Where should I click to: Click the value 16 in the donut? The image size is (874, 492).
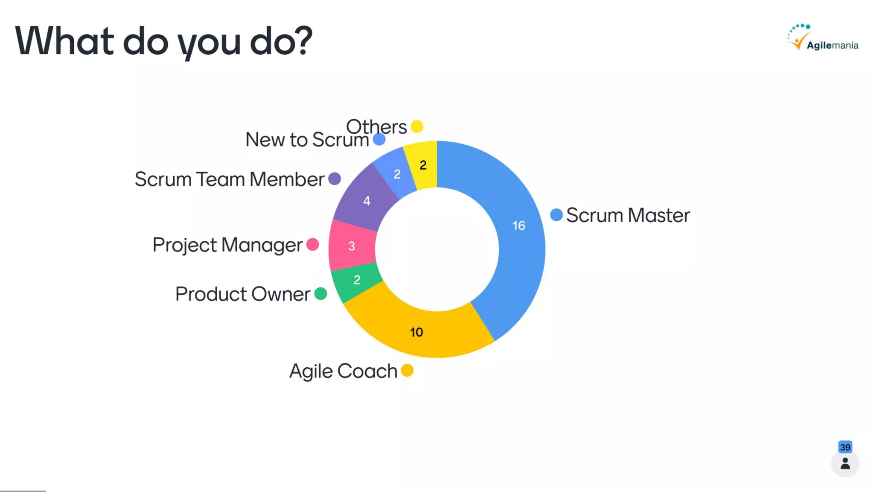pyautogui.click(x=519, y=225)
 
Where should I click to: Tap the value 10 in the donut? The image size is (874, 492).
pyautogui.click(x=417, y=332)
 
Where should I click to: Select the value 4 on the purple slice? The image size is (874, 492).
pyautogui.click(x=367, y=201)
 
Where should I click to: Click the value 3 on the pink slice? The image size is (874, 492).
pyautogui.click(x=352, y=246)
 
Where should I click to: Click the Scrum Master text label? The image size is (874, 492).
pyautogui.click(x=627, y=215)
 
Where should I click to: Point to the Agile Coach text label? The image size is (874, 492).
pyautogui.click(x=343, y=371)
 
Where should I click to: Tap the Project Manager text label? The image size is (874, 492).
pyautogui.click(x=227, y=245)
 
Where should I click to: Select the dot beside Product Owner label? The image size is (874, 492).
pyautogui.click(x=320, y=294)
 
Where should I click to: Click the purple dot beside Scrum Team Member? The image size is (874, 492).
pyautogui.click(x=335, y=179)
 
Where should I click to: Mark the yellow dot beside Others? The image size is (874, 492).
pyautogui.click(x=417, y=126)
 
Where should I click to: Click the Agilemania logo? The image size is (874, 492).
pyautogui.click(x=823, y=38)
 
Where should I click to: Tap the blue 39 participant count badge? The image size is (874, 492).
pyautogui.click(x=845, y=447)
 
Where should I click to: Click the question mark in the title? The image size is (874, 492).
pyautogui.click(x=304, y=41)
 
